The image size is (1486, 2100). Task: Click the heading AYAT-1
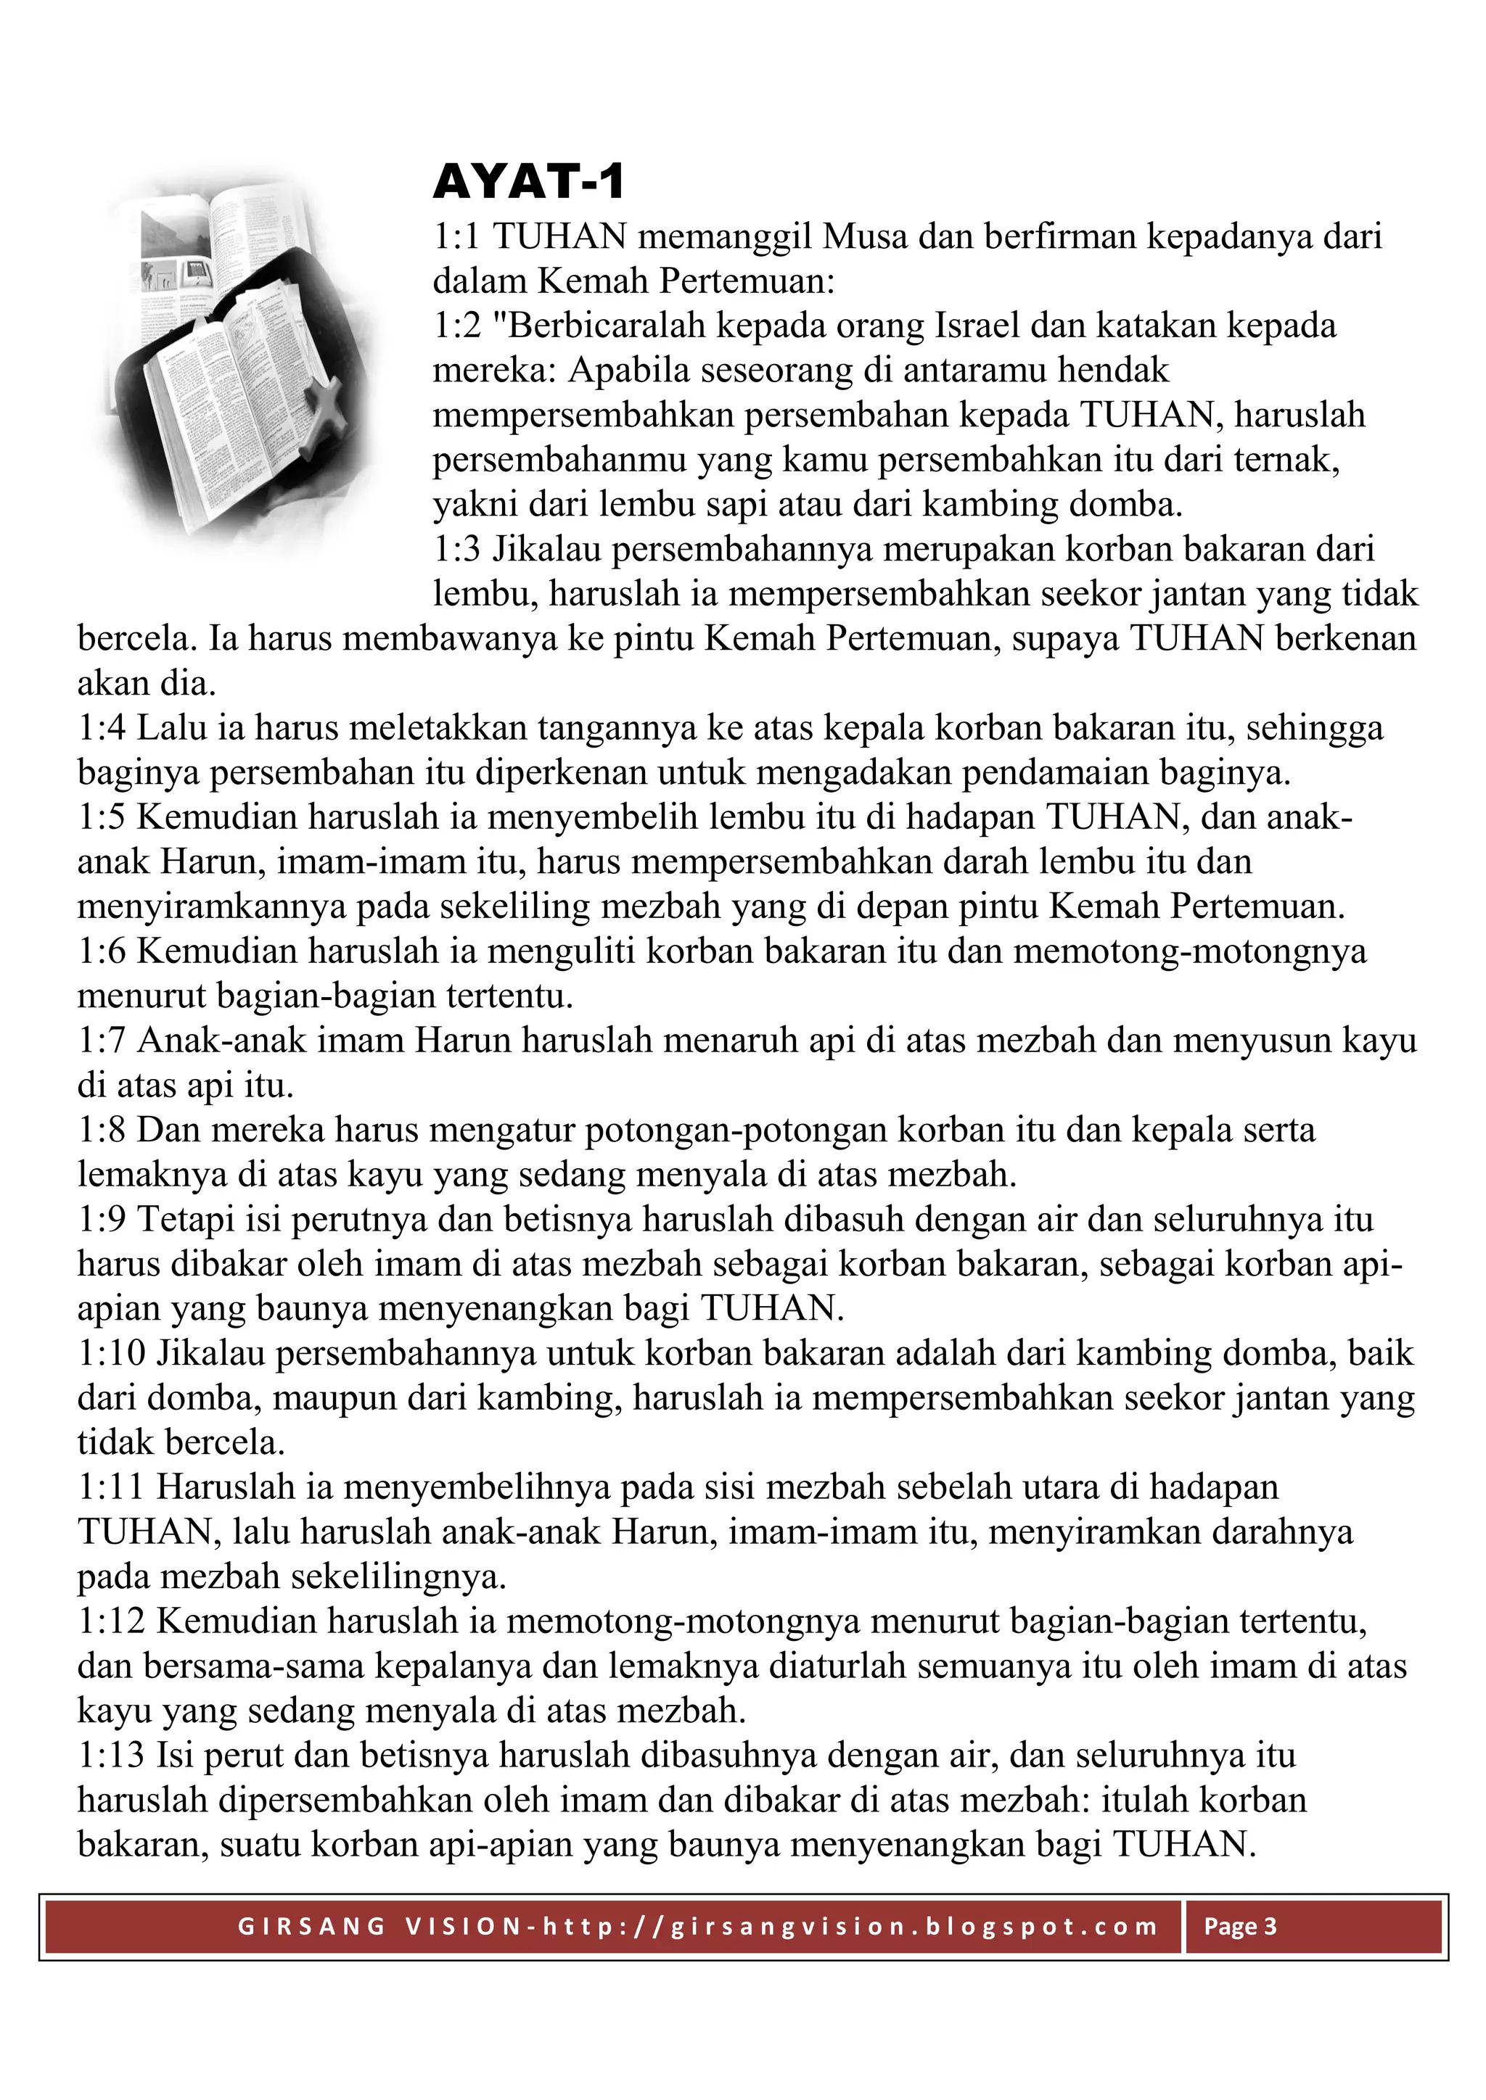click(528, 182)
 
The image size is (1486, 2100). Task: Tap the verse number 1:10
click(111, 1354)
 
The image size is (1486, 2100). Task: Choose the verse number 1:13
click(111, 1756)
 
